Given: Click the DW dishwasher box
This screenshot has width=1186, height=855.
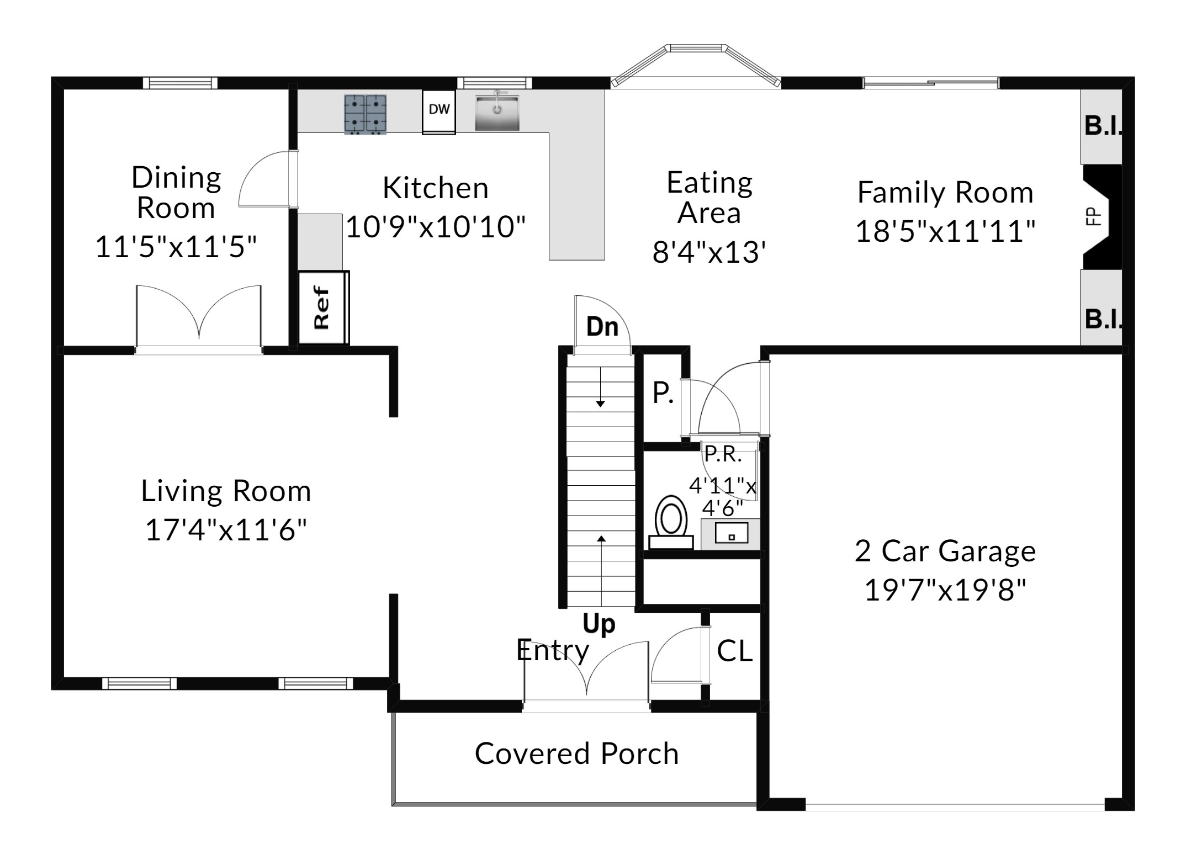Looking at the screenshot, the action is pyautogui.click(x=439, y=111).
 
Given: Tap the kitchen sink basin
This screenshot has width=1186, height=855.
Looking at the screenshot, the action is pyautogui.click(x=497, y=113).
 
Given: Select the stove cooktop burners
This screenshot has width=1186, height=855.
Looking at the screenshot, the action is pyautogui.click(x=365, y=114).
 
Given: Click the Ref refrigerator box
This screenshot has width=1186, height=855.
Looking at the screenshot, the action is pyautogui.click(x=324, y=307).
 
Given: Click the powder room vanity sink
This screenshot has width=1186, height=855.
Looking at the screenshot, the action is pyautogui.click(x=731, y=534).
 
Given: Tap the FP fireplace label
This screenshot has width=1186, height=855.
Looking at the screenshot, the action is pyautogui.click(x=1093, y=216).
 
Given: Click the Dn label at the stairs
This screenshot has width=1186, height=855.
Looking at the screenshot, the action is pyautogui.click(x=602, y=327).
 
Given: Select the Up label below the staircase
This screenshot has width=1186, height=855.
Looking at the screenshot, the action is pyautogui.click(x=599, y=624).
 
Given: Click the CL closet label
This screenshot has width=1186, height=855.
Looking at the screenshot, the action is pyautogui.click(x=734, y=651).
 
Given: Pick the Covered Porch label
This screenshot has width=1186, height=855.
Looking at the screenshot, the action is pyautogui.click(x=576, y=754).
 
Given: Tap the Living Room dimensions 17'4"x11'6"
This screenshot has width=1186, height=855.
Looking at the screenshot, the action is pyautogui.click(x=226, y=530).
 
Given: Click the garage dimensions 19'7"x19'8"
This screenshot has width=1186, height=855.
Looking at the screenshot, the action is pyautogui.click(x=945, y=590).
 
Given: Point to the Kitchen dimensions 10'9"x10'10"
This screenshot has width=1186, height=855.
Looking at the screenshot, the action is pyautogui.click(x=436, y=226).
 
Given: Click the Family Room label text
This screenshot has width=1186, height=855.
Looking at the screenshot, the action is pyautogui.click(x=945, y=193).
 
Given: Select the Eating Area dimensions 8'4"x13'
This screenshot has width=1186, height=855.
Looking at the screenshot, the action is pyautogui.click(x=709, y=252).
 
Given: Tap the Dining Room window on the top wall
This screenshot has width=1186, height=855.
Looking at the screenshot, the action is pyautogui.click(x=180, y=83).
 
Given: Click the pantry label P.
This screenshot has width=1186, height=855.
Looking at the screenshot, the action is pyautogui.click(x=663, y=393).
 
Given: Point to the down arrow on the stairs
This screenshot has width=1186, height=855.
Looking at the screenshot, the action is pyautogui.click(x=600, y=387).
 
